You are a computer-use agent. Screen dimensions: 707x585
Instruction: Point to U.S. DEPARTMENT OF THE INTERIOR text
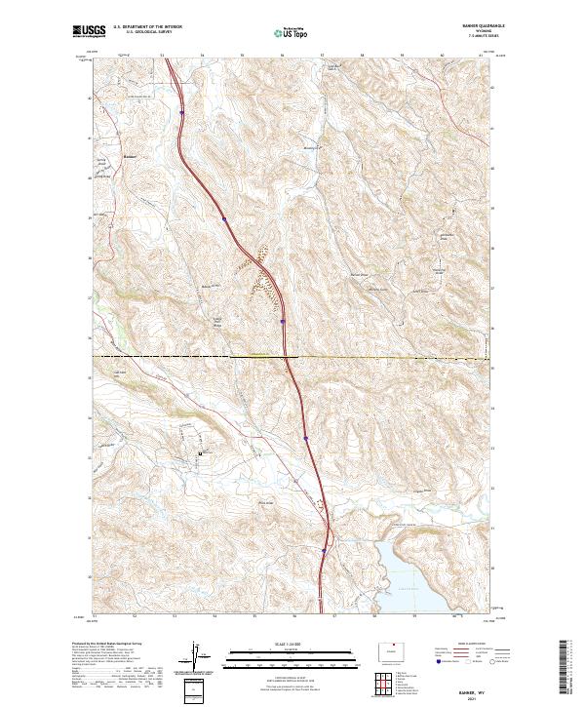tap(146, 28)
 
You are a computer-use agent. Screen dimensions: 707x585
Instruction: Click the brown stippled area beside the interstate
tap(260, 283)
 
